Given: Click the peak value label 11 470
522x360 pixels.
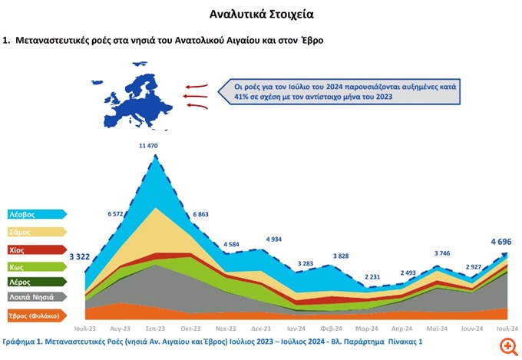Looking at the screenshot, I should [159, 146].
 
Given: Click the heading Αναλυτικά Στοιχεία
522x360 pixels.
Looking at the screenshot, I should [262, 14].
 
